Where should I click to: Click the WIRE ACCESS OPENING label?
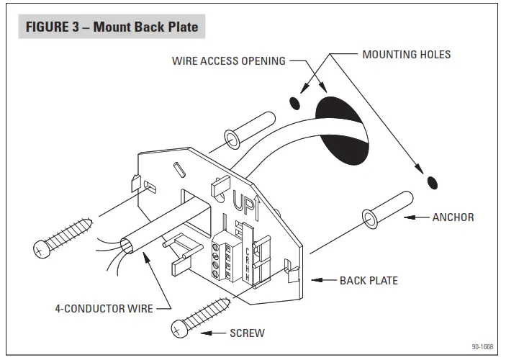pos(228,61)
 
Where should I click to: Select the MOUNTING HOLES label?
pos(407,54)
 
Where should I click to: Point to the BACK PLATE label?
pos(369,280)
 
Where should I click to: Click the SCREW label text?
pos(247,333)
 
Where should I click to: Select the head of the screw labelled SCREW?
pos(179,329)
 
